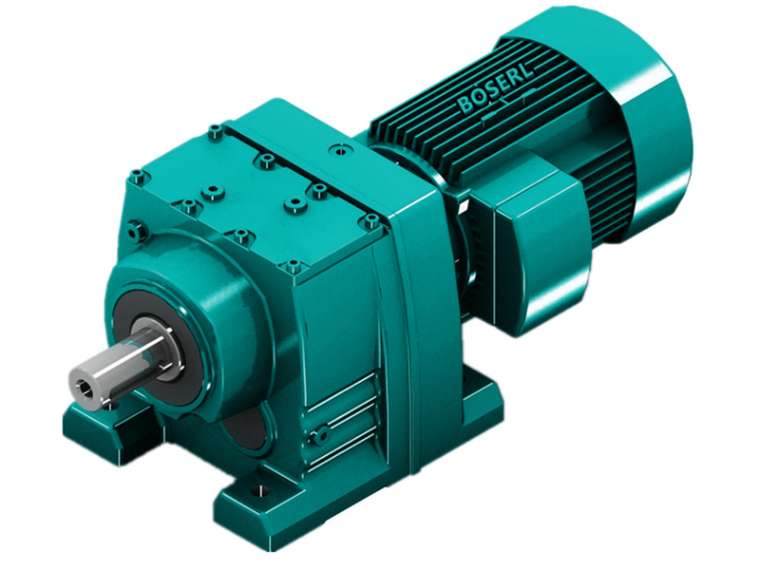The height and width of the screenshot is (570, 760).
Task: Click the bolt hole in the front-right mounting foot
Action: click(257, 493)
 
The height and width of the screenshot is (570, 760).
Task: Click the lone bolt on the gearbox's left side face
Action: click(134, 228)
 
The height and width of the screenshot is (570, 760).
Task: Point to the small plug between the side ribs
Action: click(323, 434)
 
